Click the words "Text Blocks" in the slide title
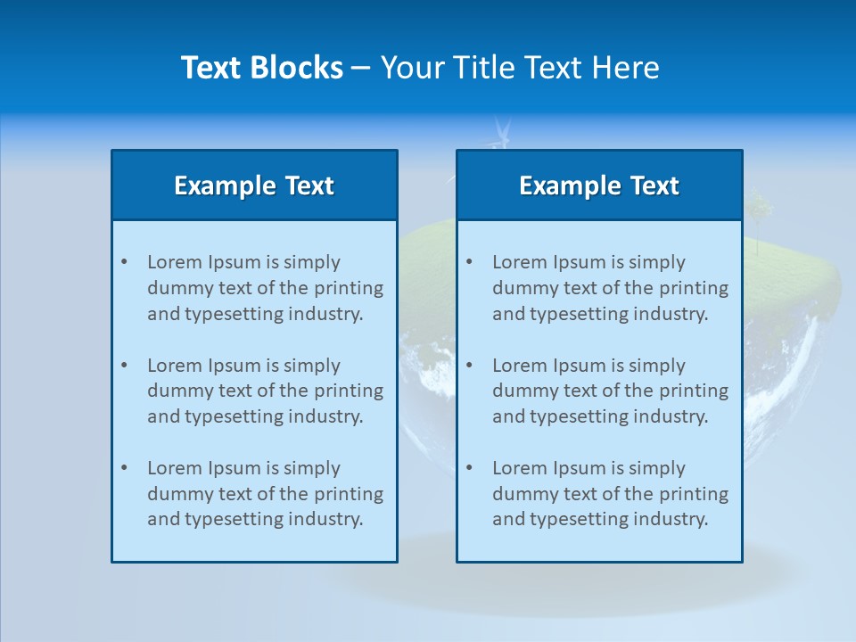(261, 68)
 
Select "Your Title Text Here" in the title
(520, 68)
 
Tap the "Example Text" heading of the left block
(254, 185)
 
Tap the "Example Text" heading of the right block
(599, 185)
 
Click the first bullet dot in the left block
(124, 262)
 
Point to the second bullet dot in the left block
(124, 366)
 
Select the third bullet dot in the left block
(124, 468)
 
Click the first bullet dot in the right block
(469, 262)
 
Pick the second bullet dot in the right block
(469, 366)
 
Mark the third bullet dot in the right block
(469, 468)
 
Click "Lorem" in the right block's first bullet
(519, 262)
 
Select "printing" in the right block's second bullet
(696, 391)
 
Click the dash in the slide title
(361, 68)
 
